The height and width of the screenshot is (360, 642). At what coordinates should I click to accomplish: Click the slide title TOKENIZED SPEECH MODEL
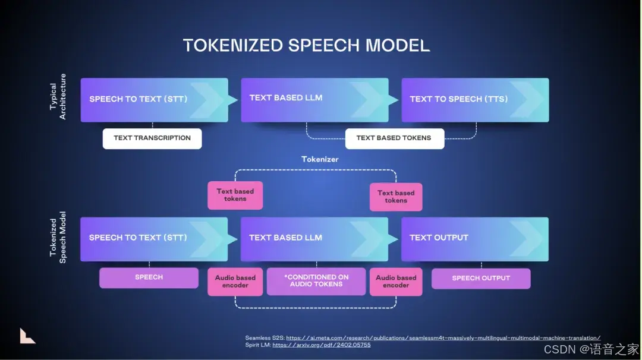[x=306, y=46]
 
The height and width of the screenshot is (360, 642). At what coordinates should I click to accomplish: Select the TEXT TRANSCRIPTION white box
[x=152, y=138]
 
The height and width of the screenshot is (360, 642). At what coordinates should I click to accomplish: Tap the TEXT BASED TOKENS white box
[x=394, y=138]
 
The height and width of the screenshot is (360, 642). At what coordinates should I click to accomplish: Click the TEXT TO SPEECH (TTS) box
[x=475, y=100]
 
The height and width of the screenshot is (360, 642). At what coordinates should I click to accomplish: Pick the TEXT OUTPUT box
[x=474, y=238]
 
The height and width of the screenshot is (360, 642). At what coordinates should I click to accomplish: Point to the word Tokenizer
[x=320, y=159]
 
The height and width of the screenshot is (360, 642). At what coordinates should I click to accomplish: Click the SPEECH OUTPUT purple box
[x=481, y=278]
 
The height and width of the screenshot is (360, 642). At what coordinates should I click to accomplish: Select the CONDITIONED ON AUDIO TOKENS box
[x=316, y=281]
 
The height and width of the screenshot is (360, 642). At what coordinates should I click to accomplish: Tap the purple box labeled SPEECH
[x=149, y=277]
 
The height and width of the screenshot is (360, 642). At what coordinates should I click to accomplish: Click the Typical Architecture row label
[x=58, y=97]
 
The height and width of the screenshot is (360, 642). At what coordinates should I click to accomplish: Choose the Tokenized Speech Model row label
[x=58, y=237]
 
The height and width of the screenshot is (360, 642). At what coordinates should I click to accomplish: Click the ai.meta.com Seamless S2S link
[x=443, y=338]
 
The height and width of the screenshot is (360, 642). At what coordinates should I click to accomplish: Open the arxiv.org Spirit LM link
[x=321, y=345]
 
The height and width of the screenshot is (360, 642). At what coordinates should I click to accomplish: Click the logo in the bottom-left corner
[x=27, y=336]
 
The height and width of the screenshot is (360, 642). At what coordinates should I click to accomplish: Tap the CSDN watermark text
[x=591, y=349]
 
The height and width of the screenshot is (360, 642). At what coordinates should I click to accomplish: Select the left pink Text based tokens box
[x=235, y=195]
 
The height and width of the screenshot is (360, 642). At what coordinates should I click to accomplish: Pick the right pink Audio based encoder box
[x=396, y=282]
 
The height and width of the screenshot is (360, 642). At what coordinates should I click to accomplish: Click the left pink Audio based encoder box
[x=235, y=282]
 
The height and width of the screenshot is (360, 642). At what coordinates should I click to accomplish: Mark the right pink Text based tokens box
[x=396, y=197]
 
